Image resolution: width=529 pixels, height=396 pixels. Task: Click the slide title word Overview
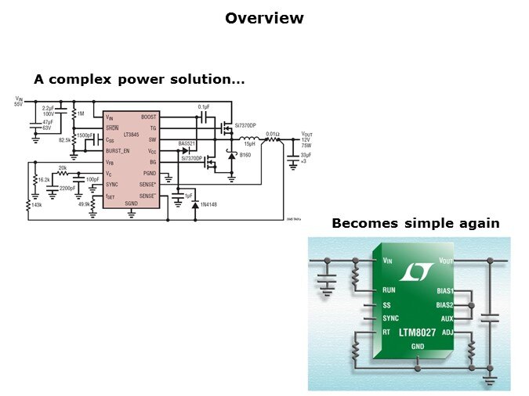point(264,18)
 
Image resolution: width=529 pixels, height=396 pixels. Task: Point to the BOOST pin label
point(148,117)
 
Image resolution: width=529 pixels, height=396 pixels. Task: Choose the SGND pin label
point(131,203)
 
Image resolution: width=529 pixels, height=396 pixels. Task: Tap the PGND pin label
point(149,173)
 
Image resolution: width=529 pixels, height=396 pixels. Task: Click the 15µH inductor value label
point(250,143)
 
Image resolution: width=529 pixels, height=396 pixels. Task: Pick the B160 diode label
point(245,156)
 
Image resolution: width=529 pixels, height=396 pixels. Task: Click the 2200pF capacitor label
point(67,188)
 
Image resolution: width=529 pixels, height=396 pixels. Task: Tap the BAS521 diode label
point(186,143)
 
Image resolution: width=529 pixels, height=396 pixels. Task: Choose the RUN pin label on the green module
point(389,289)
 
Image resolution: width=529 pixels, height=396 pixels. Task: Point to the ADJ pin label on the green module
point(447,332)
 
